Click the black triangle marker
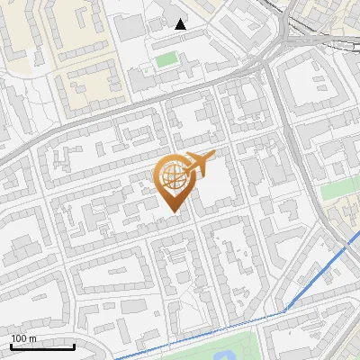(181, 24)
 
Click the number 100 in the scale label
(19, 338)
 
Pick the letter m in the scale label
(32, 338)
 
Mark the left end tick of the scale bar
(12, 346)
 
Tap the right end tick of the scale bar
(75, 346)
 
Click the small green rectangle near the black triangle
(166, 60)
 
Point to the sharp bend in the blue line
(286, 311)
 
